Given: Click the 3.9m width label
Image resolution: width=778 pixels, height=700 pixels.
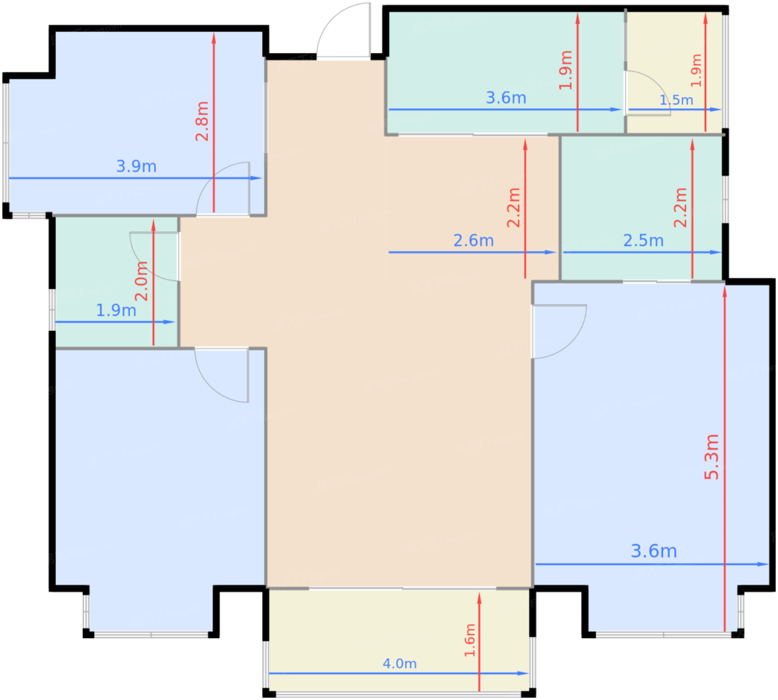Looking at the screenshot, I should pos(136,166).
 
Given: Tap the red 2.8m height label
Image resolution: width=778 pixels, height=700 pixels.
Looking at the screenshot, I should pos(202,121).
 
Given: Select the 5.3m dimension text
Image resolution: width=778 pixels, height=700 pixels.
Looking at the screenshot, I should pos(711,456).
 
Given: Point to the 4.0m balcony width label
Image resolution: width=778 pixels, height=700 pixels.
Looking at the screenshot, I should pos(400,663).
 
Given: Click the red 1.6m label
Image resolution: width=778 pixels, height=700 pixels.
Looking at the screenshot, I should pos(470,640).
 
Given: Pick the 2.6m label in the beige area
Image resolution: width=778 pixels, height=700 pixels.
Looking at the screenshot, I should pos(473,240).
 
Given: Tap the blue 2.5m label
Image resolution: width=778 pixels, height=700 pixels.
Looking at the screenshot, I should pos(643,240).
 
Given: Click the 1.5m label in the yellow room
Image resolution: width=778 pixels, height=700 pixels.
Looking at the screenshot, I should pos(676,100).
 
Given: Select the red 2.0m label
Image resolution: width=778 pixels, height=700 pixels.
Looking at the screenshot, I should pos(142,281).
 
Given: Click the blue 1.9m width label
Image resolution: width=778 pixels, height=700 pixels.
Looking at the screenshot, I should pos(116,310).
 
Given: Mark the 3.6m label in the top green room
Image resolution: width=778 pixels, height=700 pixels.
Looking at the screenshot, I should pos(506,98).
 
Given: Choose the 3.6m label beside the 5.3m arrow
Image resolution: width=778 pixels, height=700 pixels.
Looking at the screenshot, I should pos(654,551).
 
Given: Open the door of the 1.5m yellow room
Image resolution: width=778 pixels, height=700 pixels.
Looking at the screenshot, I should pos(647,93).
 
